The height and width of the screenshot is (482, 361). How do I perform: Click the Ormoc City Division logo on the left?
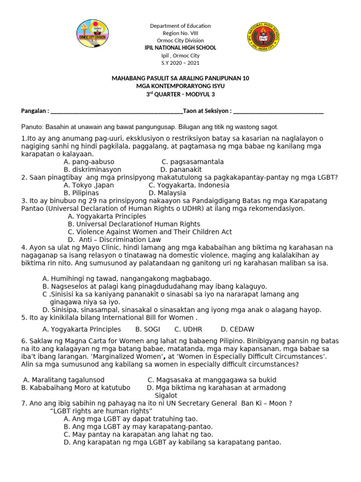point(93,36)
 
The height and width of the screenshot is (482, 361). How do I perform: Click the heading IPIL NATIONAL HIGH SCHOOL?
point(180,48)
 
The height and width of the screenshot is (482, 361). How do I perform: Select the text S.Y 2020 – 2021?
point(180,63)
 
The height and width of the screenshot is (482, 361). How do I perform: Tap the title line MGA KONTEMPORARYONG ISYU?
point(180,86)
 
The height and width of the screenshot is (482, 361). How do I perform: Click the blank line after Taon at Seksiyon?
point(278,111)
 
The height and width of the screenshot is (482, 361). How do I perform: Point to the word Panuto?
point(32,127)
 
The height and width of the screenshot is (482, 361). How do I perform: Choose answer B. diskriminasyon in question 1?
point(92,169)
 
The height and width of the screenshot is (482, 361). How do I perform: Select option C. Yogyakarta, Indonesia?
point(182,185)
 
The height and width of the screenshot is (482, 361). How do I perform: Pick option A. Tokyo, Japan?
point(89,185)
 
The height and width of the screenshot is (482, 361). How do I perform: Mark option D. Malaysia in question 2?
point(167,193)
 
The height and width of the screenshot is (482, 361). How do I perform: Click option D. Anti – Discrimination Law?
point(114,240)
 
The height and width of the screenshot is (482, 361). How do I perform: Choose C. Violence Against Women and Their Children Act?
point(149,232)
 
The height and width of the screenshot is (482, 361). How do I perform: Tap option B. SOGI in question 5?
point(148,329)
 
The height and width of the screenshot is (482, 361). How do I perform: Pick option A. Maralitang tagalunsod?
point(64,380)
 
